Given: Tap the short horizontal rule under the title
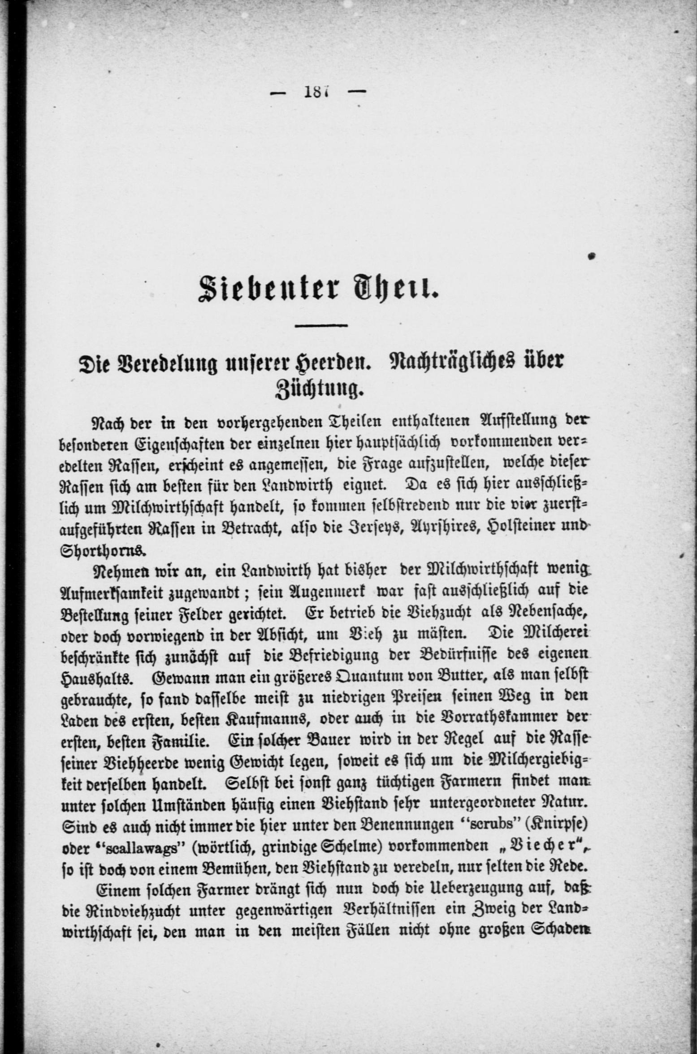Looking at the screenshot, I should point(321,325).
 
